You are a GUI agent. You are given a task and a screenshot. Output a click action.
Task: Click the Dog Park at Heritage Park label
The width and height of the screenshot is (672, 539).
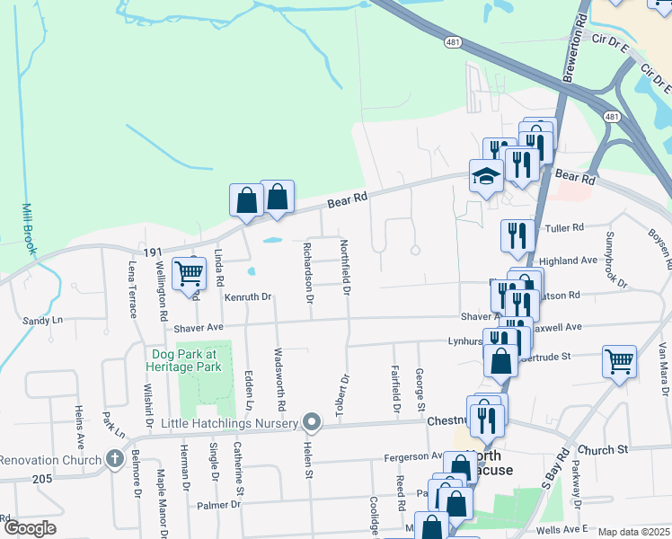(x=185, y=360)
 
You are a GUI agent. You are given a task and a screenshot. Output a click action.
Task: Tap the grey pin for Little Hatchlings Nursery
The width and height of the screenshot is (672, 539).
(x=312, y=421)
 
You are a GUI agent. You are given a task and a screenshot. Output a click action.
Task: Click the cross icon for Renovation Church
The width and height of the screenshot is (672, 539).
(x=113, y=459)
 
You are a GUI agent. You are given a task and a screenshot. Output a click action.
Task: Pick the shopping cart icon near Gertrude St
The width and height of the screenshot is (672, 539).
(x=619, y=360)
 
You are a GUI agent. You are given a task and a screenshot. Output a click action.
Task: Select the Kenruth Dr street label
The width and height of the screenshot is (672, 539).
(x=248, y=296)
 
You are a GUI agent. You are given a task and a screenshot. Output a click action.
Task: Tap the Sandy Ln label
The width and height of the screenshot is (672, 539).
(x=43, y=320)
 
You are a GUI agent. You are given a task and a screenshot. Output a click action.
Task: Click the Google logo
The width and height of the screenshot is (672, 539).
(x=29, y=527)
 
